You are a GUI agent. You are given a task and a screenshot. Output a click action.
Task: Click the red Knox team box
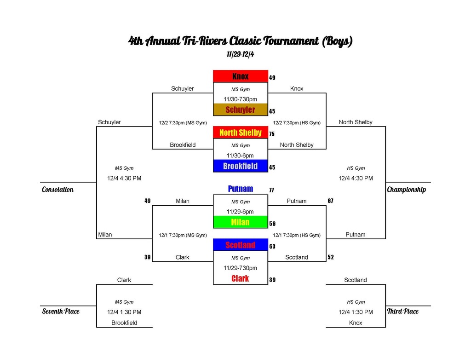[240, 76]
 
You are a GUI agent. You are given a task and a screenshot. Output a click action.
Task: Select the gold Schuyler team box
[240, 110]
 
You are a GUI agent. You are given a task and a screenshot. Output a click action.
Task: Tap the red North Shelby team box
[240, 133]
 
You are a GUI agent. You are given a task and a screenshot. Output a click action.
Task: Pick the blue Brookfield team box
[240, 166]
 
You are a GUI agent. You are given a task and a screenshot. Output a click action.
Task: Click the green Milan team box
[240, 222]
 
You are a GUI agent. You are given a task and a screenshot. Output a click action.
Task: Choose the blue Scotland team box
[240, 245]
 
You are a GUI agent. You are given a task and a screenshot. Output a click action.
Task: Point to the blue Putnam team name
[240, 189]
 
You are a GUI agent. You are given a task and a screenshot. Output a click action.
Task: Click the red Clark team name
[240, 278]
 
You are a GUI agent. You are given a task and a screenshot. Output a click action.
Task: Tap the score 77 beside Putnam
[271, 190]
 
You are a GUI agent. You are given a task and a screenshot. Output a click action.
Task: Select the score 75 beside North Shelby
[272, 134]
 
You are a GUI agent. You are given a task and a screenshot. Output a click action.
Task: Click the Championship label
[407, 190]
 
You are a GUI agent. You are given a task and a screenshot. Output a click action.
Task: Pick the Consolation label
[57, 190]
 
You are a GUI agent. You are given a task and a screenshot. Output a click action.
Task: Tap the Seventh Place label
[61, 312]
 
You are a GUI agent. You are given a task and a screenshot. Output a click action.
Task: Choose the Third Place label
[403, 312]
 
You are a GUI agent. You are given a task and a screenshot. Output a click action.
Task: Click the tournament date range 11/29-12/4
[240, 54]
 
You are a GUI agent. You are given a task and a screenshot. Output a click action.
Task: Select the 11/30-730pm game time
[240, 99]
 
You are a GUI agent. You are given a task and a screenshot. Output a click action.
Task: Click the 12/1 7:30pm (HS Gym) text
[297, 235]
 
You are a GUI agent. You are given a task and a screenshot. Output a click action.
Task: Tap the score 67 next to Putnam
[330, 201]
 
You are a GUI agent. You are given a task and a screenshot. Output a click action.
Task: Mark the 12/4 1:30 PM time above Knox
[356, 312]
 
